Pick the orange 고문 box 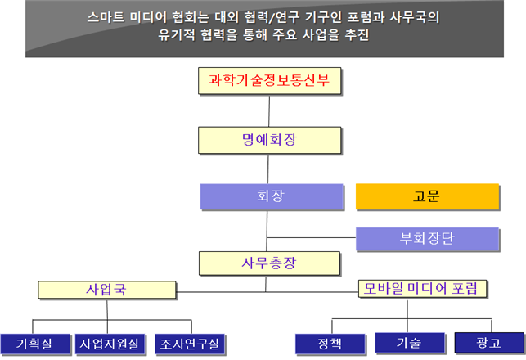tap(427, 196)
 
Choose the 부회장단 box tap(427, 239)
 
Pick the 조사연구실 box tap(191, 344)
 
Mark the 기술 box tap(408, 343)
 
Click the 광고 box tap(488, 343)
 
